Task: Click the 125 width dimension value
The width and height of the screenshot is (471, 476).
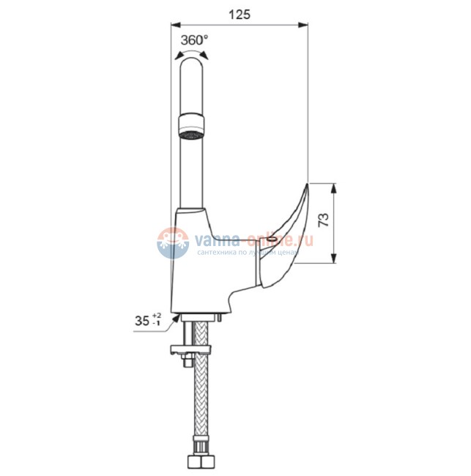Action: pos(240,14)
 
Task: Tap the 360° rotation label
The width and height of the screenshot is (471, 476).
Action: pos(194,40)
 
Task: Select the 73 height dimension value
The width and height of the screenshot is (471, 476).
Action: pos(324,220)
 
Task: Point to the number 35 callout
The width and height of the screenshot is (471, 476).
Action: pos(142,321)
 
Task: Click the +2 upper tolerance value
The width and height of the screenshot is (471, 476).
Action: pos(157,316)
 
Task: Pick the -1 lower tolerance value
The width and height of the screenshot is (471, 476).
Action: pos(157,323)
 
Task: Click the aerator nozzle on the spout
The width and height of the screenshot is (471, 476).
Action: pos(191,126)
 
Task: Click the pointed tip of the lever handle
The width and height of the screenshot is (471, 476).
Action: pos(307,184)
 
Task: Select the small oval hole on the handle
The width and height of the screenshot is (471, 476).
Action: pos(272,239)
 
